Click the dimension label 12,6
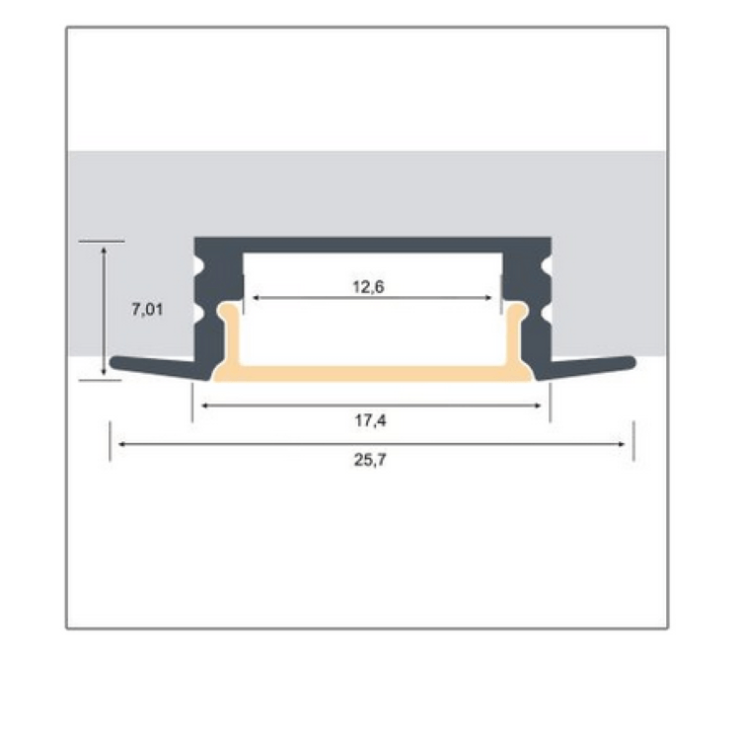pos(369,286)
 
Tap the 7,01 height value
pos(147,310)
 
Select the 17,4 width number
pos(370,420)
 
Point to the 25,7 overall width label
pos(370,459)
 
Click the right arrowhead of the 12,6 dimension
pos(488,298)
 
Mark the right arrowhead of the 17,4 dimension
pos(537,405)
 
